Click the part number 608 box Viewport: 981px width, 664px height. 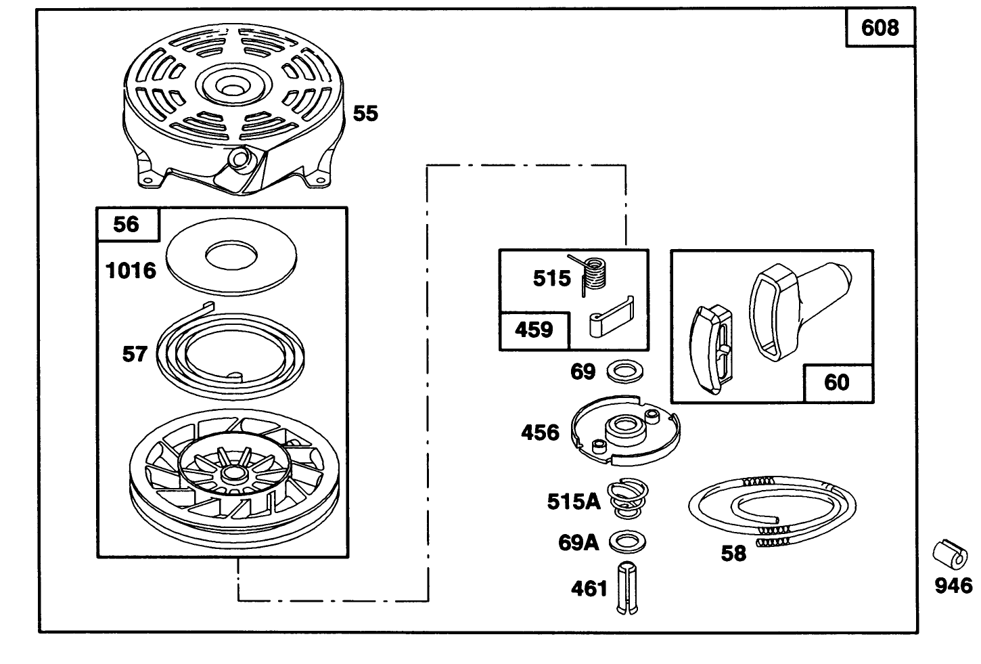pos(880,28)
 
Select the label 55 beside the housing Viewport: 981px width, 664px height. pos(365,113)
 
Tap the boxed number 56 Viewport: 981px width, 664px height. pos(127,224)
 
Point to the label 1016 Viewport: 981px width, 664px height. pos(131,271)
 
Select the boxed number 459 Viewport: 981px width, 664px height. pos(534,330)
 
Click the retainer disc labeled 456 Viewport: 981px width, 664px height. pos(624,431)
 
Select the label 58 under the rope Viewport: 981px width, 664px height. pos(733,554)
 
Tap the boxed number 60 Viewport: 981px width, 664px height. pos(837,382)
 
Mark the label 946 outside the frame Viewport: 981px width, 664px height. pos(953,585)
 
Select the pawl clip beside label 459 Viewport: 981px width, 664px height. pos(610,315)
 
